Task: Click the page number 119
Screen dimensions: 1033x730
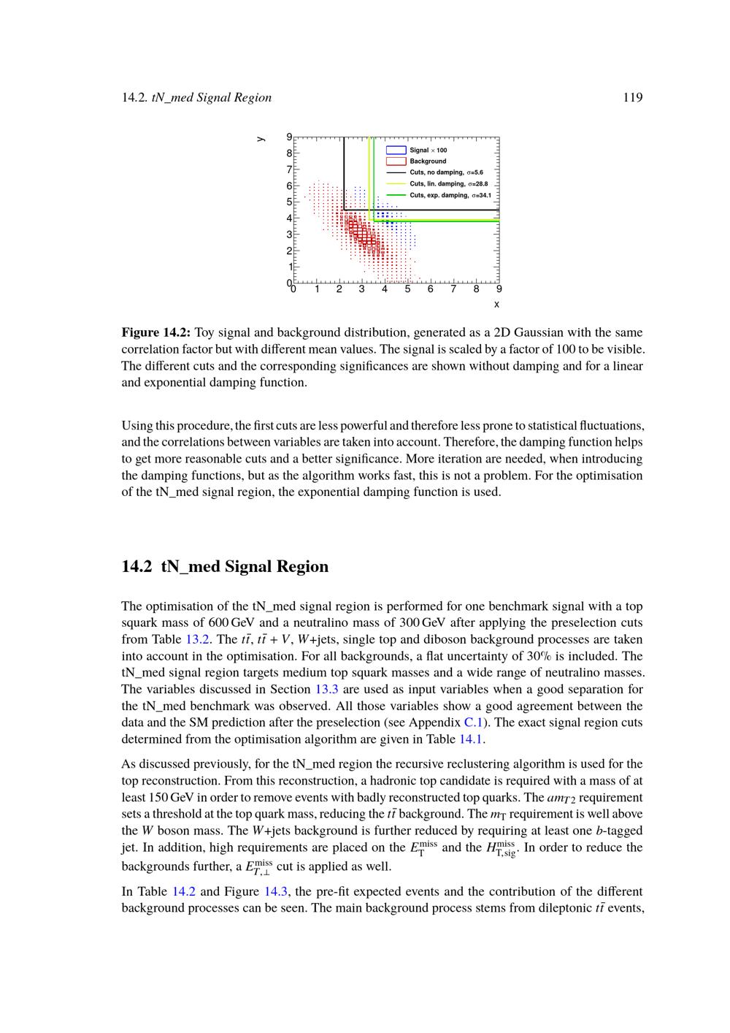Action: tap(633, 97)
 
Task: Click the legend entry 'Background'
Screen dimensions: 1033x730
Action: tap(427, 161)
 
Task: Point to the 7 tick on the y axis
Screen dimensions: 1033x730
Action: tap(289, 169)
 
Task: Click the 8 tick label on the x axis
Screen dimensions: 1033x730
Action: tap(476, 289)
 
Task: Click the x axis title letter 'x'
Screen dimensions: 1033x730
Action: tap(496, 304)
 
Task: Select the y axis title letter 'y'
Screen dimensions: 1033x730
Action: tap(260, 139)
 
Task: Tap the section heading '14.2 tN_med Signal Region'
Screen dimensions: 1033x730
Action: tap(225, 567)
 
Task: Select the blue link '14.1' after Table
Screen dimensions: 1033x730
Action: tap(470, 739)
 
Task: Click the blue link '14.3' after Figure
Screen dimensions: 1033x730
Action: tap(275, 891)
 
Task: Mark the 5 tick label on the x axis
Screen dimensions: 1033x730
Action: tap(407, 289)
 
